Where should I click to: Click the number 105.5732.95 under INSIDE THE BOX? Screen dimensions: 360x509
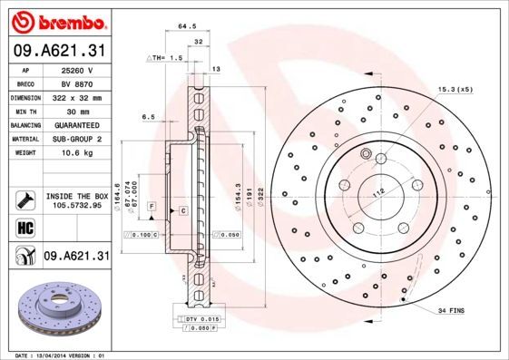77,205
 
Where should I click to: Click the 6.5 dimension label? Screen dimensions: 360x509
150,116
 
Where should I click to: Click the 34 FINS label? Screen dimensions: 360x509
451,311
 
